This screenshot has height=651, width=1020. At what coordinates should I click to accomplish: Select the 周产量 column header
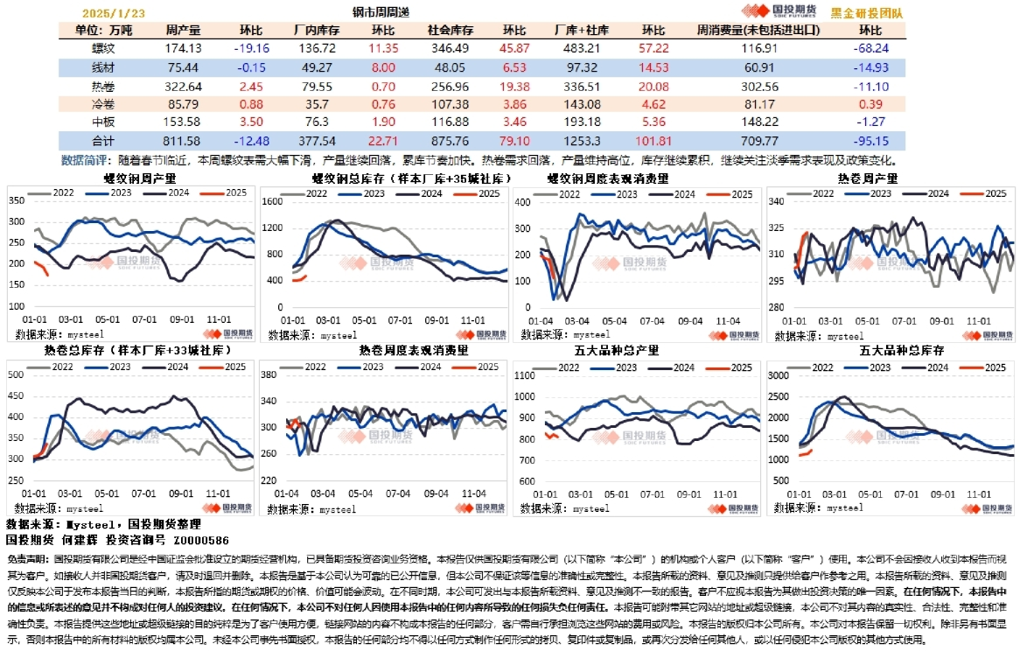(x=183, y=30)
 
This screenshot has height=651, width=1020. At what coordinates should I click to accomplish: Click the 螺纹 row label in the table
(x=103, y=48)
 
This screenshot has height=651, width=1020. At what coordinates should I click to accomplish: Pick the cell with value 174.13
(x=183, y=48)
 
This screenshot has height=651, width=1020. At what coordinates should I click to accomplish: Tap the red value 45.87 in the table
(x=513, y=48)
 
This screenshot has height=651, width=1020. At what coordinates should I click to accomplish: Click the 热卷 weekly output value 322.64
(x=183, y=86)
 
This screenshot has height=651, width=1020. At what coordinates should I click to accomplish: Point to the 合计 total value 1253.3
(x=580, y=141)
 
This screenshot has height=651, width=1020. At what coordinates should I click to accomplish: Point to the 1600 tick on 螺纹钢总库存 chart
(x=273, y=201)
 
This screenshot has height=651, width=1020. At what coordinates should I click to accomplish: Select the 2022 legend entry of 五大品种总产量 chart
(x=568, y=367)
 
